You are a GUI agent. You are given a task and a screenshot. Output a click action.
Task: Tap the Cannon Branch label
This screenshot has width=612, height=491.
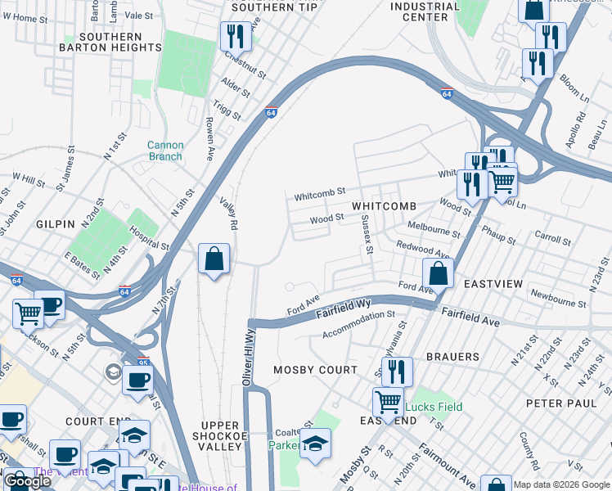pyautogui.click(x=165, y=151)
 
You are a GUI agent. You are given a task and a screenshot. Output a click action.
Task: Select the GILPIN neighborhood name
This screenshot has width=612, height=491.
pyautogui.click(x=56, y=223)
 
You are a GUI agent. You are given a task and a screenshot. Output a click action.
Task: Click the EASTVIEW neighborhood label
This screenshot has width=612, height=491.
pyautogui.click(x=493, y=283)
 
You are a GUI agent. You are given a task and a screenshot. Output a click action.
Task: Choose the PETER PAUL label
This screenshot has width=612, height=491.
pyautogui.click(x=557, y=403)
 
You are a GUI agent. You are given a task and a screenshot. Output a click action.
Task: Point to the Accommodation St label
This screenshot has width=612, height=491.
pyautogui.click(x=358, y=324)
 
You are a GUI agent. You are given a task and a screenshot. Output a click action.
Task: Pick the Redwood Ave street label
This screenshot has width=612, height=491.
pyautogui.click(x=423, y=250)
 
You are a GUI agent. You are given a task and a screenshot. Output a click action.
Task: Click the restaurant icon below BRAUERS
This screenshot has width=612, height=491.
pyautogui.click(x=397, y=372)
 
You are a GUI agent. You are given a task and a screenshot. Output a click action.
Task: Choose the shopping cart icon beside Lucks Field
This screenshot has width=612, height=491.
pyautogui.click(x=388, y=402)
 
